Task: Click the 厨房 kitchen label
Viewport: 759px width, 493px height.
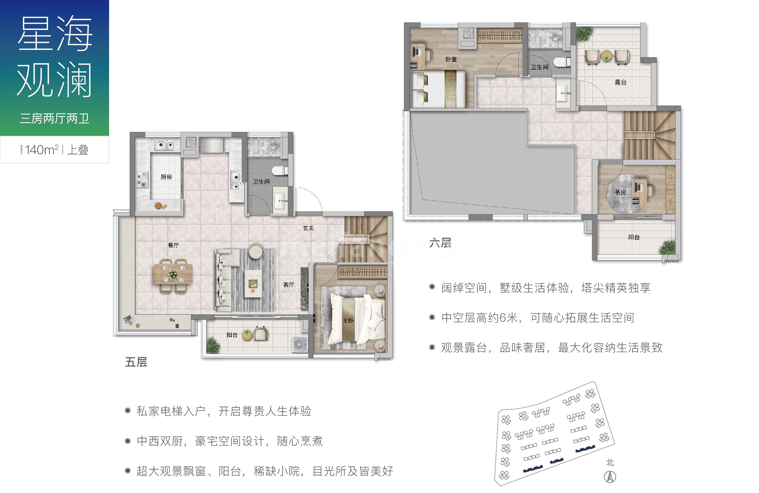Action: click(x=166, y=177)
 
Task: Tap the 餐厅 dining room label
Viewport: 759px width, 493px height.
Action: click(x=173, y=245)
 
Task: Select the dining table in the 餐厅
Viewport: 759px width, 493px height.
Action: click(x=173, y=274)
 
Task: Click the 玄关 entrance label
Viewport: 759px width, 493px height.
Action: click(x=308, y=228)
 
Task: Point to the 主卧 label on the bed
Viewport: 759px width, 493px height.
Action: click(x=348, y=320)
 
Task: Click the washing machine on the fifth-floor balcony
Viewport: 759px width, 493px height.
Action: click(x=300, y=345)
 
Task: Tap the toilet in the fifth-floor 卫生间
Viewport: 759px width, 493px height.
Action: click(x=280, y=171)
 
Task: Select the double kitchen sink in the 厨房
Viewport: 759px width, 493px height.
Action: click(x=164, y=146)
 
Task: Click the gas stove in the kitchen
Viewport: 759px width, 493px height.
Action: click(x=142, y=179)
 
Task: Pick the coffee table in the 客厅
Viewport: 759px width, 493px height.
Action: click(x=253, y=284)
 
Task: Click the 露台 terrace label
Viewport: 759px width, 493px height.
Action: click(x=620, y=82)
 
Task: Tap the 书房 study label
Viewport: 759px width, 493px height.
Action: click(x=620, y=192)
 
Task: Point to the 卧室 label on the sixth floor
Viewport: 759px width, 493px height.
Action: click(x=451, y=59)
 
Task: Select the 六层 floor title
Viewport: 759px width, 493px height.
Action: click(x=440, y=243)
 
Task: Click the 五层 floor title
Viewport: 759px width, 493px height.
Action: click(x=136, y=362)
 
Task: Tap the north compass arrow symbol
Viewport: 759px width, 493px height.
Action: click(x=610, y=477)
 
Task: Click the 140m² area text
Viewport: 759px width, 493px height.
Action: click(x=41, y=150)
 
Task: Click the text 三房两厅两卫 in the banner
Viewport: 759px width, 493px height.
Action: click(x=55, y=119)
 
